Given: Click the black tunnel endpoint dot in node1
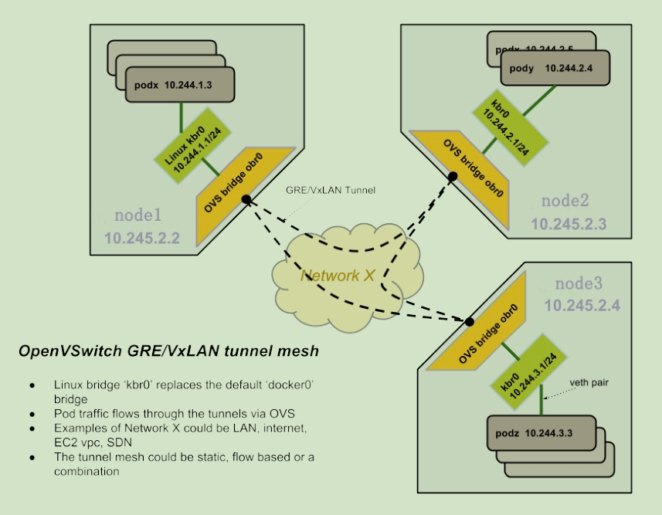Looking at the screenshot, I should point(246,200).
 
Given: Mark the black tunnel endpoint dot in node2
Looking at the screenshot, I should point(453,177).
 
